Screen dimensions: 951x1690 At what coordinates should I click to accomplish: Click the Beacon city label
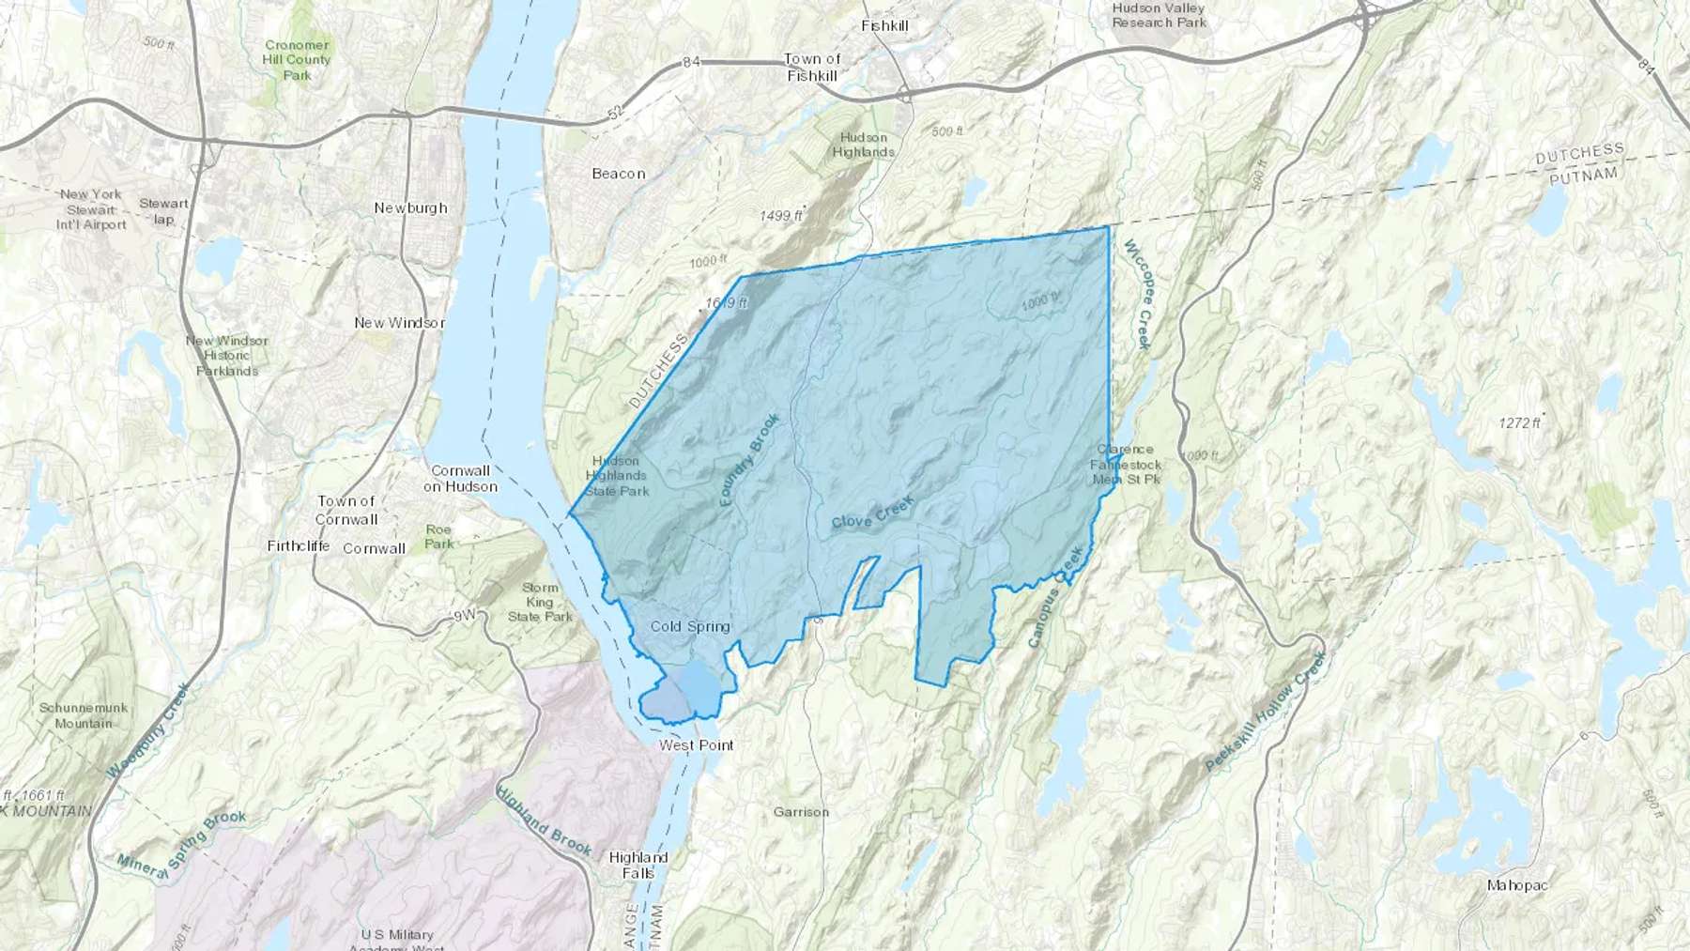coord(619,174)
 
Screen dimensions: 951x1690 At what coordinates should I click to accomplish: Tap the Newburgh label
coord(410,208)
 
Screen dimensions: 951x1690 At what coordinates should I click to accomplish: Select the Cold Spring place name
coord(690,627)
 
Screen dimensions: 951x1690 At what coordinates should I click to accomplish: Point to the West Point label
coord(697,745)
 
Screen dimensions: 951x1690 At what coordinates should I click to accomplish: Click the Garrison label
coord(801,812)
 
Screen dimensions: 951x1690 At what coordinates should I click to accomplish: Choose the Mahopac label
coord(1518,885)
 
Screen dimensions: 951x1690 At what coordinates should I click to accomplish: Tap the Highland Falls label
coord(638,865)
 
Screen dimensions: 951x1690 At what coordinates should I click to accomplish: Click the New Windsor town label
coord(399,323)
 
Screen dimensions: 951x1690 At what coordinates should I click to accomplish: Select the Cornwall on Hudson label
coord(460,479)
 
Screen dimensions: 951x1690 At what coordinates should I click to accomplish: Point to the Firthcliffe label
coord(299,546)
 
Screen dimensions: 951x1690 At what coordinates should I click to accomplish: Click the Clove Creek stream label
coord(872,515)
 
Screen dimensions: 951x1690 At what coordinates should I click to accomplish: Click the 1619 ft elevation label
coord(726,303)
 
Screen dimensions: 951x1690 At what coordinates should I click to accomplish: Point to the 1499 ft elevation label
coord(780,216)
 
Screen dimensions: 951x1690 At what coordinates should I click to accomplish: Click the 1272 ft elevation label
coord(1520,423)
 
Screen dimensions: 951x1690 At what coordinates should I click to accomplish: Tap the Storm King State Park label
coord(540,603)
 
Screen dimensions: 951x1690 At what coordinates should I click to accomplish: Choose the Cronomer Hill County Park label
coord(297,60)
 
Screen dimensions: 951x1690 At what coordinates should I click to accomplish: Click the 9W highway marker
coord(464,616)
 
